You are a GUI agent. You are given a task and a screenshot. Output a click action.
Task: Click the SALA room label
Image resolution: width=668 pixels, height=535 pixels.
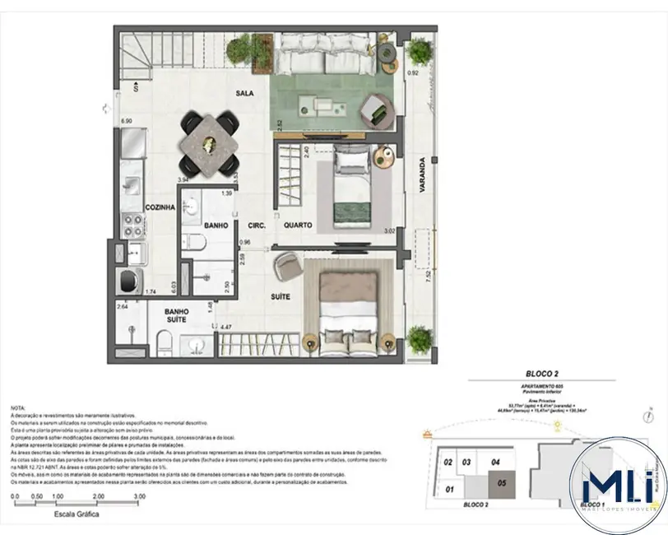pos(243,94)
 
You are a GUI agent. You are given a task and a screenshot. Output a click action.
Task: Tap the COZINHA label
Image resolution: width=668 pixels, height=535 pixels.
pos(160,209)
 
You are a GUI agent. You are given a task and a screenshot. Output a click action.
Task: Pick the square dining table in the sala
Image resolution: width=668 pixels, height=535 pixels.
pos(211,142)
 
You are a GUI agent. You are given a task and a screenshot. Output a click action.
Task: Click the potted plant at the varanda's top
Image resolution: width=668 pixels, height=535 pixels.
pos(420,52)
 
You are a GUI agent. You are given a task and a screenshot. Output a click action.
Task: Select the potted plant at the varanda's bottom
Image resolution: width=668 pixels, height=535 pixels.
pos(420,337)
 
